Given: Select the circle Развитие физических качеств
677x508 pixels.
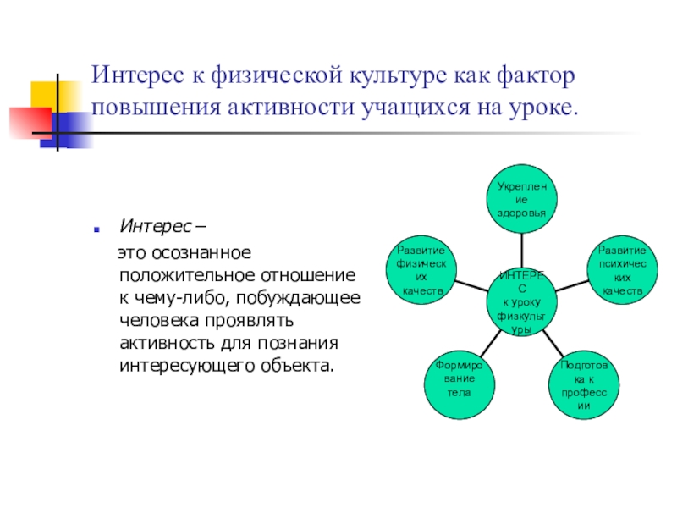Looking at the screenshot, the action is (421, 270).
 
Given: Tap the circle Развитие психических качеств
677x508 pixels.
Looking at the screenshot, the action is (622, 270).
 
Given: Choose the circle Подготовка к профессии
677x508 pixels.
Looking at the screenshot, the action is (583, 386).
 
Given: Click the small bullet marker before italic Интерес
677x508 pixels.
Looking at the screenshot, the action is (99, 229).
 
